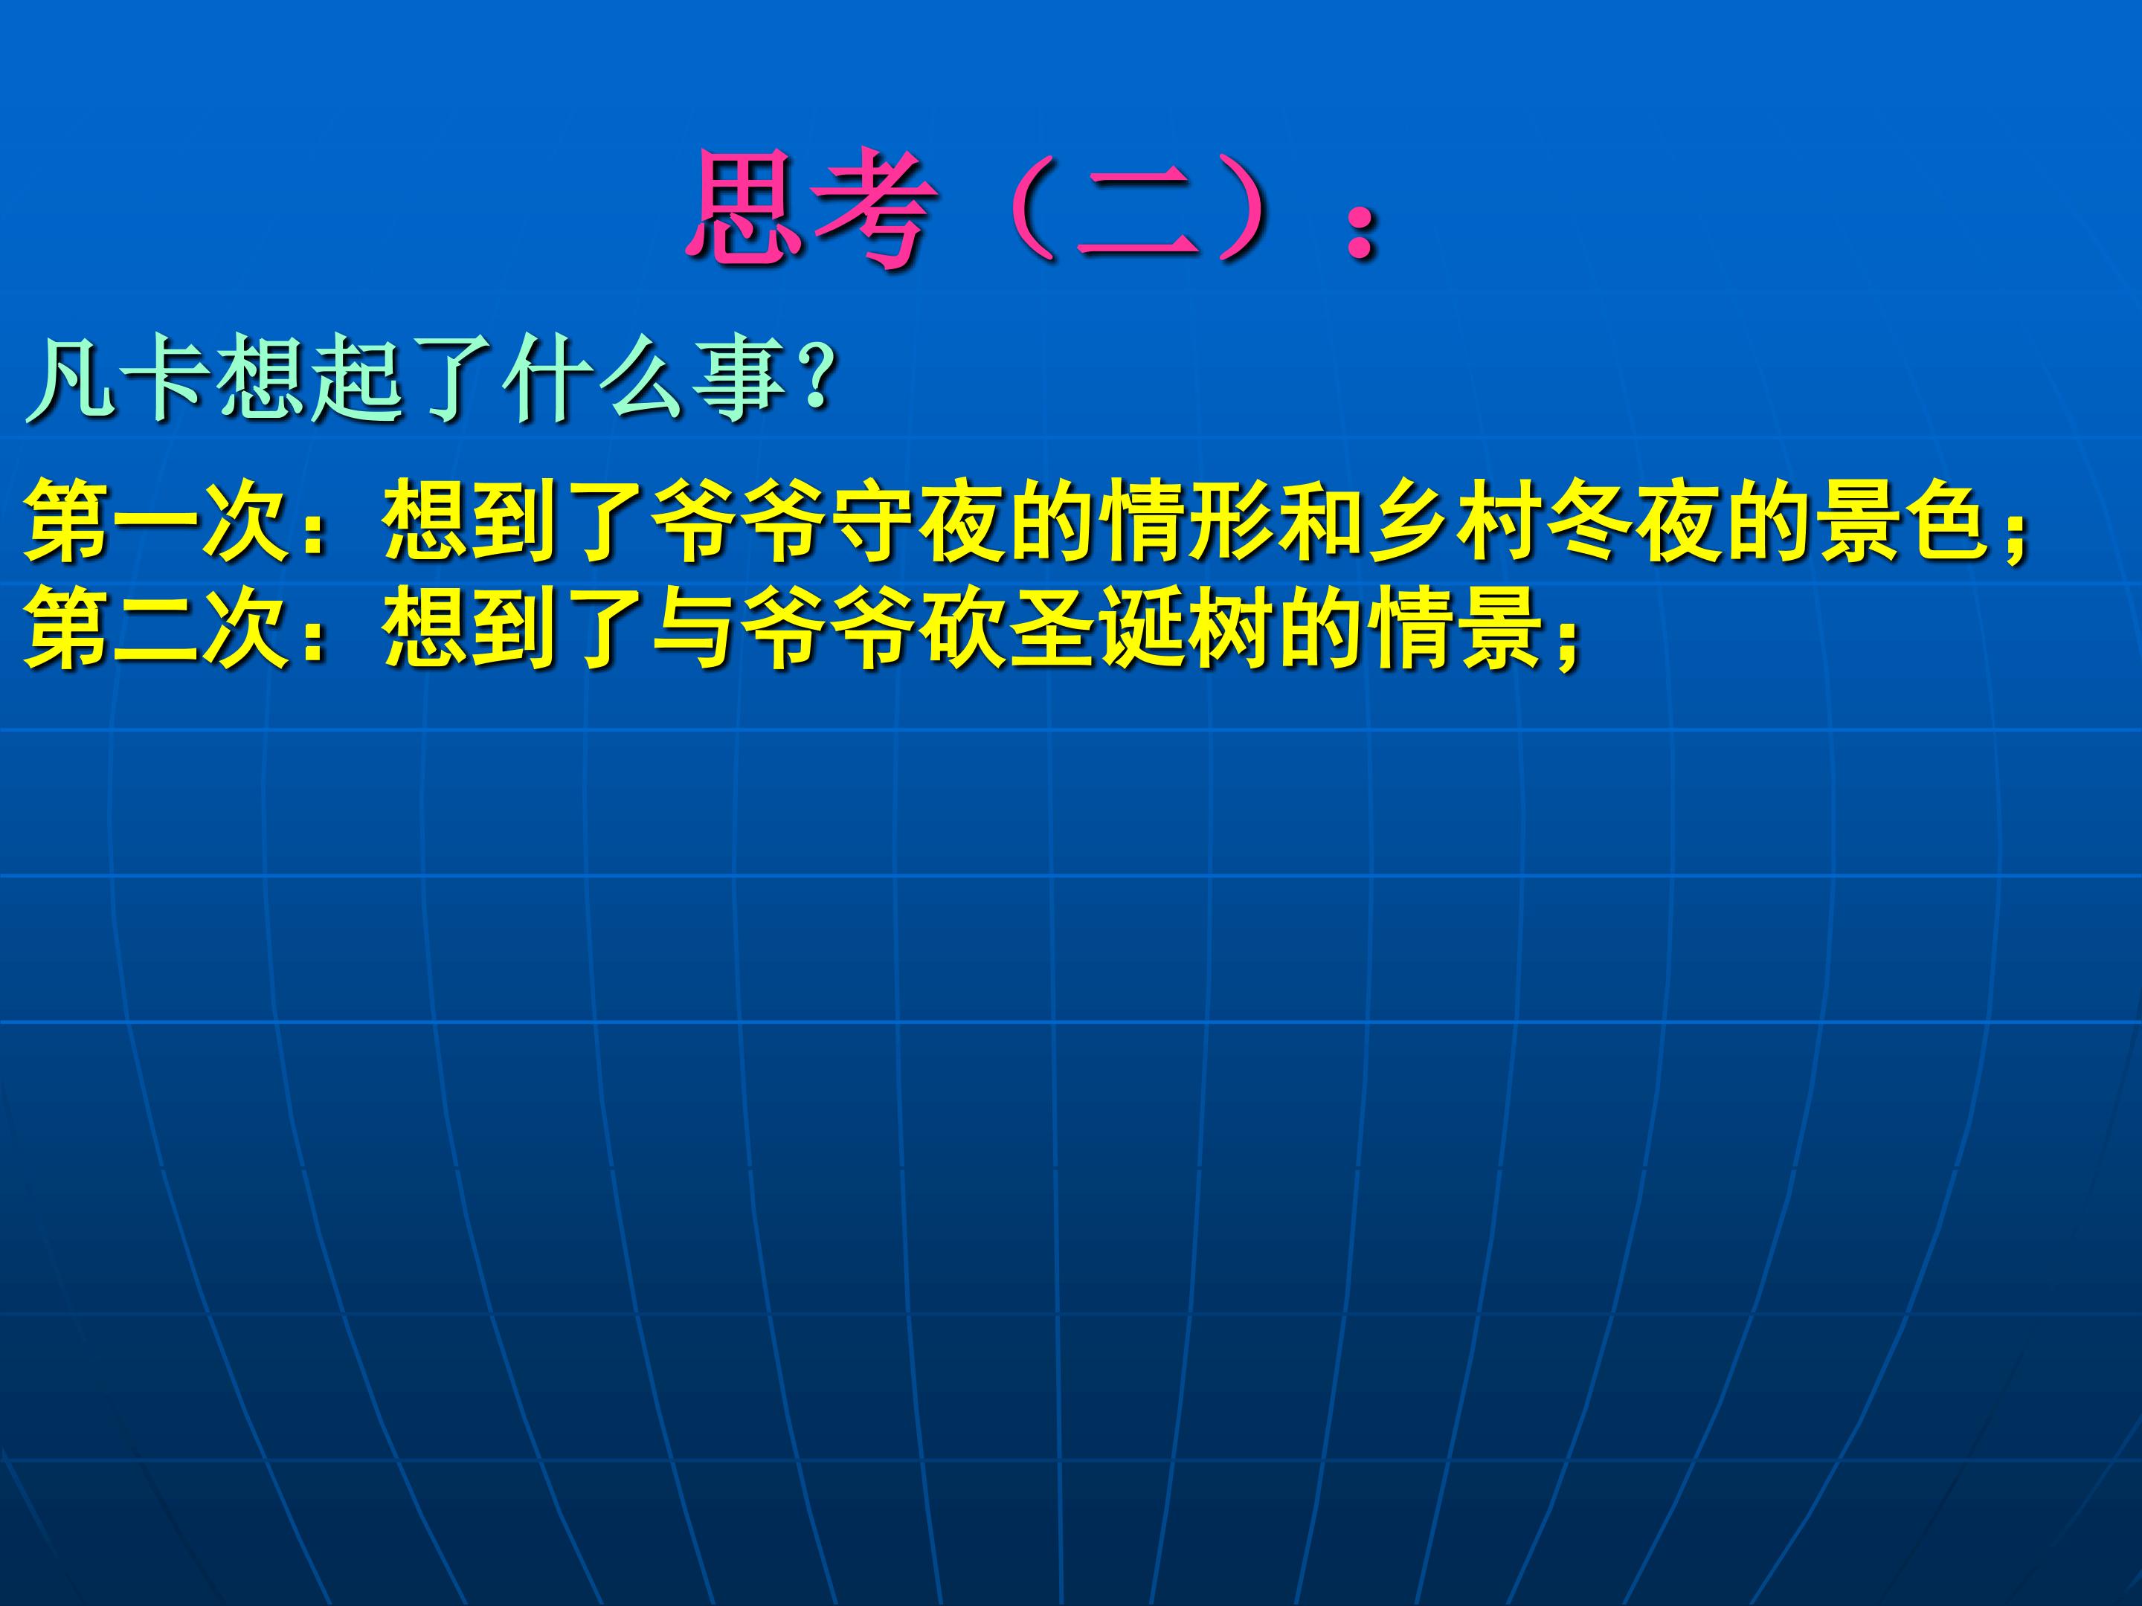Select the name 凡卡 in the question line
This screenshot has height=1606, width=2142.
point(116,378)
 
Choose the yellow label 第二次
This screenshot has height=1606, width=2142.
point(159,628)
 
